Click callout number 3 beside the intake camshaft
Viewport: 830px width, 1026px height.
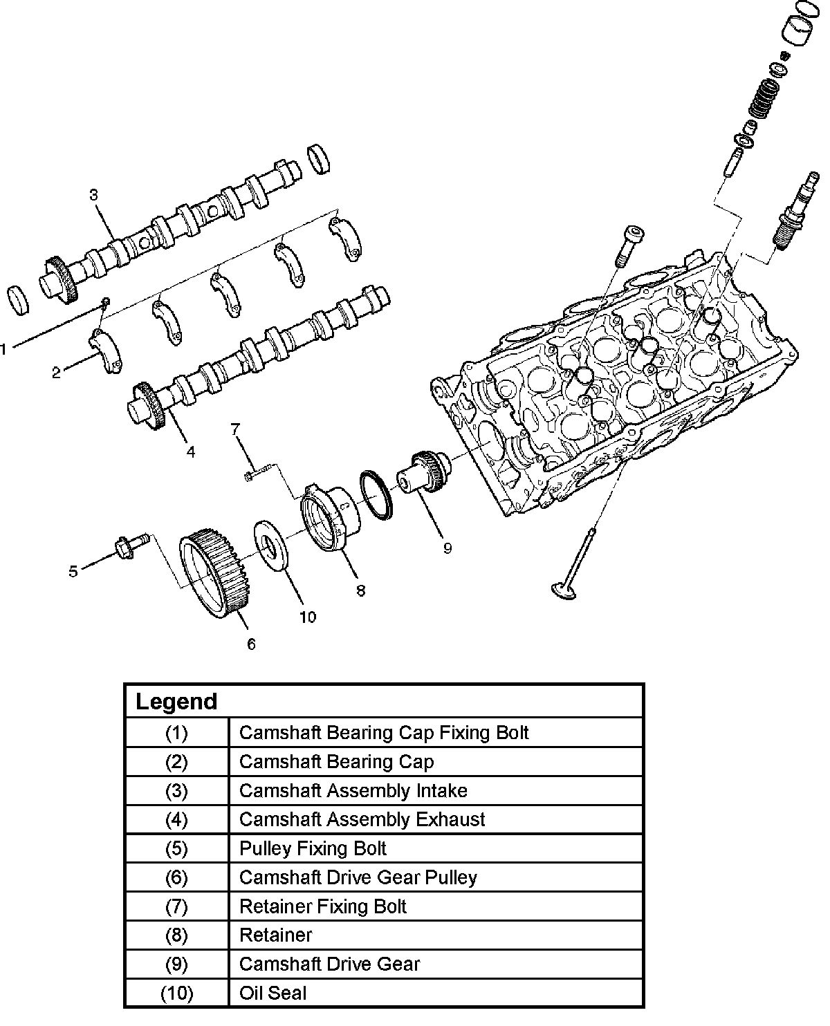click(94, 195)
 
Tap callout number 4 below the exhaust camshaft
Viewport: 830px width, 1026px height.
click(190, 452)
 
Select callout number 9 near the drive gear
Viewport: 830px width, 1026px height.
click(448, 548)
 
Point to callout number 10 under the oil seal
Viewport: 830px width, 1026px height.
click(307, 616)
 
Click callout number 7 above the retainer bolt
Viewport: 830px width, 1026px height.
click(235, 429)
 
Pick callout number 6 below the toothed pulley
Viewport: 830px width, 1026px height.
click(251, 644)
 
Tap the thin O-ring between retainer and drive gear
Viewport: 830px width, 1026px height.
click(376, 493)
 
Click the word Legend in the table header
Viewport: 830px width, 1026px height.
click(176, 702)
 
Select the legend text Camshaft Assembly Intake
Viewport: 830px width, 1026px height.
click(353, 790)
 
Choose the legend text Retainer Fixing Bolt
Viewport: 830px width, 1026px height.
click(323, 906)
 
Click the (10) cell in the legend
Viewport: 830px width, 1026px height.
click(176, 993)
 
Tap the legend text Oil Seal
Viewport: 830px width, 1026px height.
click(273, 993)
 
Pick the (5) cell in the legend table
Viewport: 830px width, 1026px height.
click(176, 848)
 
